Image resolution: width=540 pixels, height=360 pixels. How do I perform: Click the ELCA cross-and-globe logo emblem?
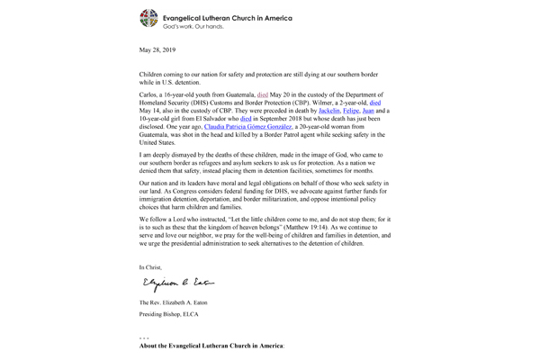(x=149, y=18)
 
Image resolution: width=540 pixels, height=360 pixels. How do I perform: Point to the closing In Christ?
(x=155, y=267)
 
